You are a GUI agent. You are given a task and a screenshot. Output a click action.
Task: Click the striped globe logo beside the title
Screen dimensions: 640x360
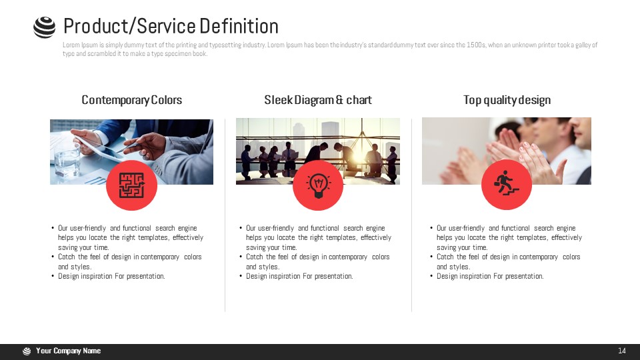pos(44,27)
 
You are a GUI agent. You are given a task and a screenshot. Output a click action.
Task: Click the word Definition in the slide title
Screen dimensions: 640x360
pos(239,26)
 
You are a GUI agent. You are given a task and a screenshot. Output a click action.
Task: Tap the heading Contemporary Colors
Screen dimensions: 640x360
pos(132,100)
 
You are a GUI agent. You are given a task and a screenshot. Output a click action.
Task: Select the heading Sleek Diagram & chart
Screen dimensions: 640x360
pos(318,100)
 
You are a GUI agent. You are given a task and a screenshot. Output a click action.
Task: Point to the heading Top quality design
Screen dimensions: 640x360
pos(507,100)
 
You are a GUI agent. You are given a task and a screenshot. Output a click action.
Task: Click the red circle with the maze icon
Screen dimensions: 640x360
pos(131,185)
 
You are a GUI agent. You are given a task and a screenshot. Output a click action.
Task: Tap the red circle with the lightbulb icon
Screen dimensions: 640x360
pos(318,185)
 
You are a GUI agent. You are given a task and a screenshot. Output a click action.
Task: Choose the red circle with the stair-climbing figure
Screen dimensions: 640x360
pos(507,185)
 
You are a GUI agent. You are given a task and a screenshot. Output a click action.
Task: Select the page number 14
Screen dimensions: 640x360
pos(621,351)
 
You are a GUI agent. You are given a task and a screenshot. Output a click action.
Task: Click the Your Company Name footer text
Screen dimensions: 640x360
pos(68,351)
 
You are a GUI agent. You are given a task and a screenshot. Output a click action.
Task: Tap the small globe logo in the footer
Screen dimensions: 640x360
pos(27,351)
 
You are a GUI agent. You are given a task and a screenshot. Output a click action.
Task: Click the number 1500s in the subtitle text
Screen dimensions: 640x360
pos(475,45)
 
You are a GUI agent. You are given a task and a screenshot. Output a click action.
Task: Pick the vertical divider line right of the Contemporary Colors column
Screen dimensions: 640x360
pos(225,215)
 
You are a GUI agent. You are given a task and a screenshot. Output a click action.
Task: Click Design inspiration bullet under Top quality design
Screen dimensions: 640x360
pos(490,276)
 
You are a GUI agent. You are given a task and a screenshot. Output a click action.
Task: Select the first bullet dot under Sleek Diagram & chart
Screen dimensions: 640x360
pos(241,228)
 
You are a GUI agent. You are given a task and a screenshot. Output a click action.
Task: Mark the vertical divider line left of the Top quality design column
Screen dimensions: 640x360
pos(411,215)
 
